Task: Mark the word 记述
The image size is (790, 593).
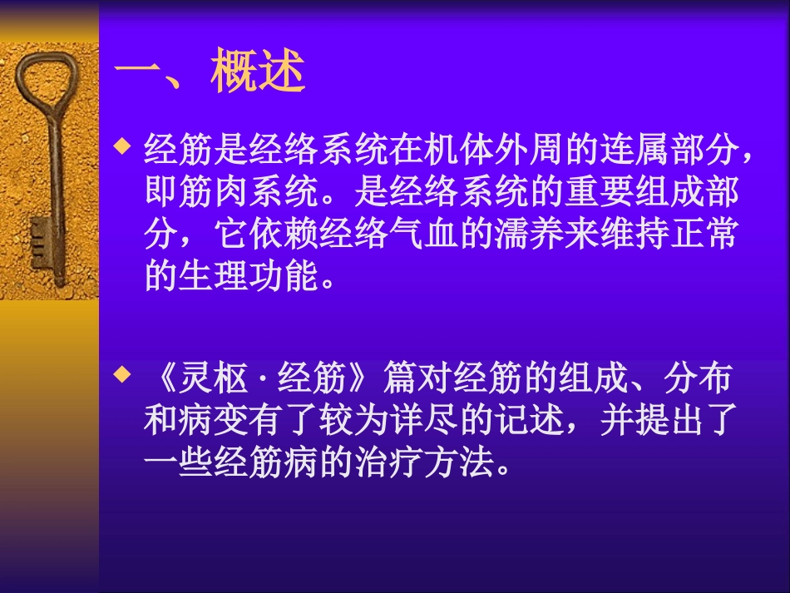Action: pyautogui.click(x=535, y=421)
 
